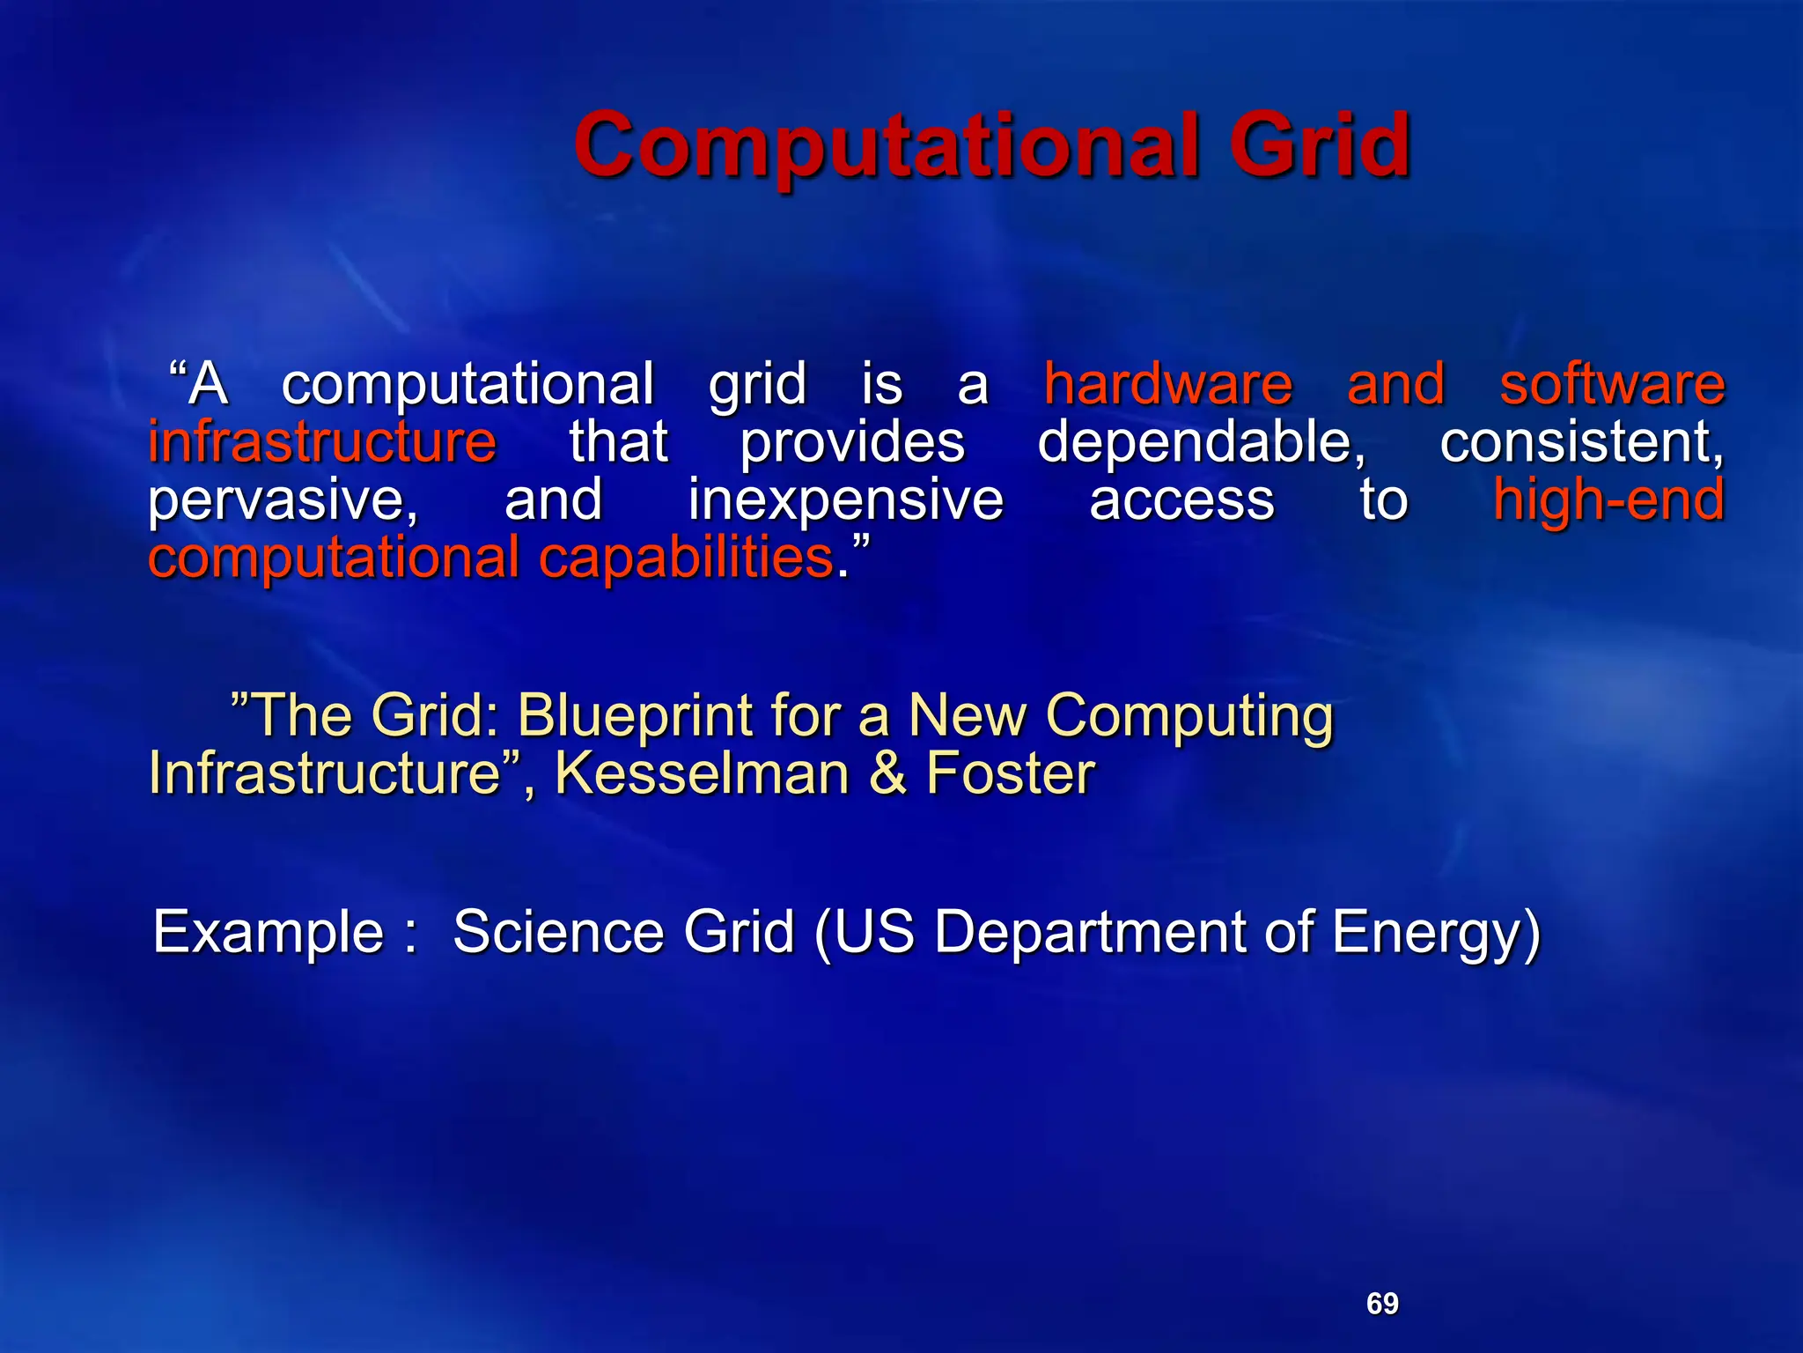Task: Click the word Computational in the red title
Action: (886, 146)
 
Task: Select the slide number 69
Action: (1381, 1304)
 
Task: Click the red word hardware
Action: (1167, 384)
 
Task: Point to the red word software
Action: (1611, 386)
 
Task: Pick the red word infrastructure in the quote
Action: (322, 441)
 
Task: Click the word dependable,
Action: (1201, 441)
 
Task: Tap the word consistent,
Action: (1581, 441)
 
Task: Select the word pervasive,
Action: (283, 500)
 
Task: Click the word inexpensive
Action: (845, 499)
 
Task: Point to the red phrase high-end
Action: (1608, 499)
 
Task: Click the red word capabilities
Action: (687, 558)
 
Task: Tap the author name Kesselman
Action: (701, 773)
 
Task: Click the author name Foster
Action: (1010, 773)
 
